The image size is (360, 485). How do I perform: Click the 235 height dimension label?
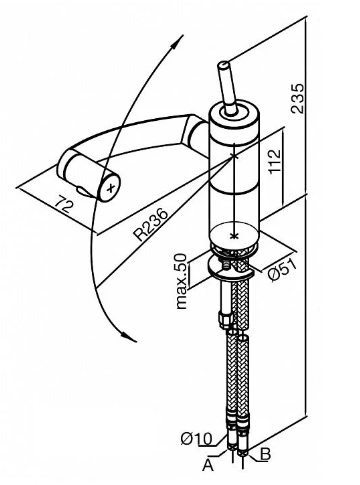coord(298,99)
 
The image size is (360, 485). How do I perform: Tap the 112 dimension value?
coord(275,161)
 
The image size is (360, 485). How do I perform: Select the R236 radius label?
coord(151,225)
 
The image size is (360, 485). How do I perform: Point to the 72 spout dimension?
coord(64,205)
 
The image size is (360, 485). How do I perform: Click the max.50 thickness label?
coord(181,281)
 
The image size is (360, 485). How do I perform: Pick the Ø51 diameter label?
coord(282,270)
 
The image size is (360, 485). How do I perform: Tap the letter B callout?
coord(265,455)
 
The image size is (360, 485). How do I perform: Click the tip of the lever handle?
coord(223,64)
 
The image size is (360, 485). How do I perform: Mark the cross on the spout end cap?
coord(111,189)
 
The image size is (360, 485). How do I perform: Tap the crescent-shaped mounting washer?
coord(229,270)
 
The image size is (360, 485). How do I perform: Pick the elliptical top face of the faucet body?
coord(233,112)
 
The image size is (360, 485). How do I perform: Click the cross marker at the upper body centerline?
coord(235,155)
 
